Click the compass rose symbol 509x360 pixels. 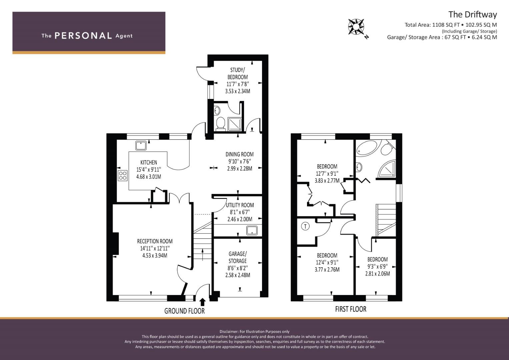(x=356, y=27)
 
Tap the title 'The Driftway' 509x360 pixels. (x=473, y=15)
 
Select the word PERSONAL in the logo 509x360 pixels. (x=83, y=36)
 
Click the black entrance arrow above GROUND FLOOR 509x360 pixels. (x=202, y=302)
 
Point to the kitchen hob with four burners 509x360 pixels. (x=122, y=176)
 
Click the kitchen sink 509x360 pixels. (x=141, y=145)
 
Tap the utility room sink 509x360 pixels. (x=252, y=230)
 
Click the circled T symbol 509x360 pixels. (x=305, y=226)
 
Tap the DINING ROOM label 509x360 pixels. (x=240, y=154)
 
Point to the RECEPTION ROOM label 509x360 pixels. (x=155, y=241)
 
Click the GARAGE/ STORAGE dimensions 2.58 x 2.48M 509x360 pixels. (x=238, y=275)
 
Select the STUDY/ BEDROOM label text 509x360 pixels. (x=238, y=73)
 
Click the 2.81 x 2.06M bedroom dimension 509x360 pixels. (x=377, y=274)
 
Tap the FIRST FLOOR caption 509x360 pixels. (x=351, y=309)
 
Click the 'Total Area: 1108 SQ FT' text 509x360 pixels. (x=432, y=25)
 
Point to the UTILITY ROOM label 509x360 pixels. (x=240, y=205)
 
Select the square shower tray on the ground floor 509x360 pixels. (x=235, y=124)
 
